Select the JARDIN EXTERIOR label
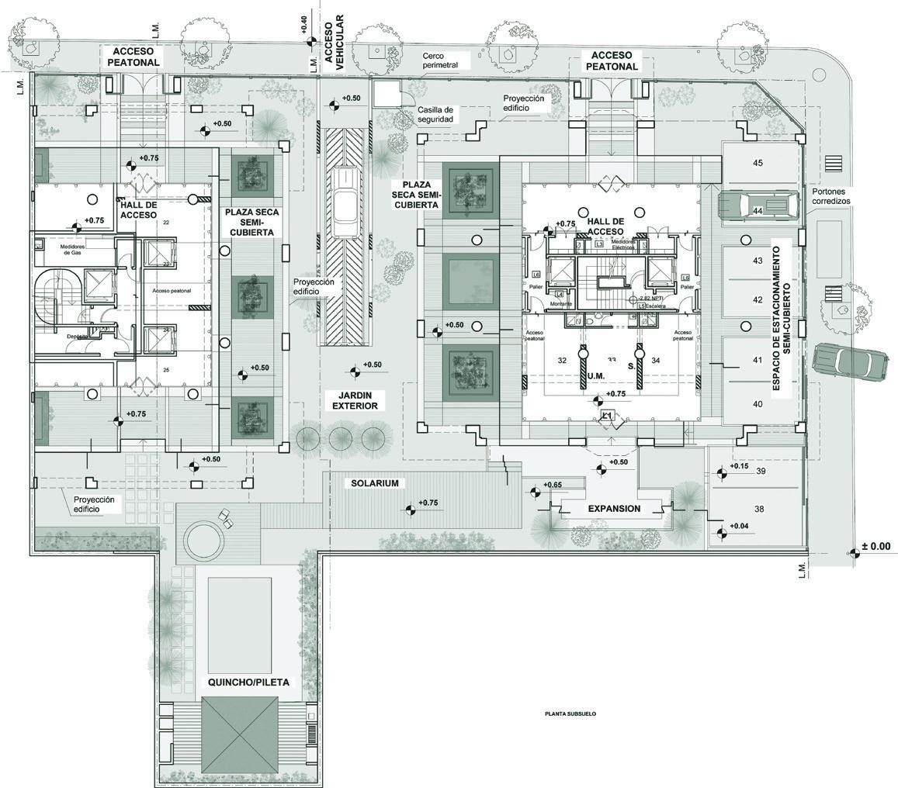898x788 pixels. pos(357,400)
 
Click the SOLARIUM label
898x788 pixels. pos(375,483)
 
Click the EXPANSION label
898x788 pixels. pos(614,509)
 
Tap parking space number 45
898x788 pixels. pos(758,163)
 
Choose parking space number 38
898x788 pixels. pos(758,509)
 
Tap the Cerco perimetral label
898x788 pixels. pos(440,60)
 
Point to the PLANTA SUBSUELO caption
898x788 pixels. pos(570,714)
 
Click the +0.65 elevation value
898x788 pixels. pos(553,486)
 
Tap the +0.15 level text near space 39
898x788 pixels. pos(739,466)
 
